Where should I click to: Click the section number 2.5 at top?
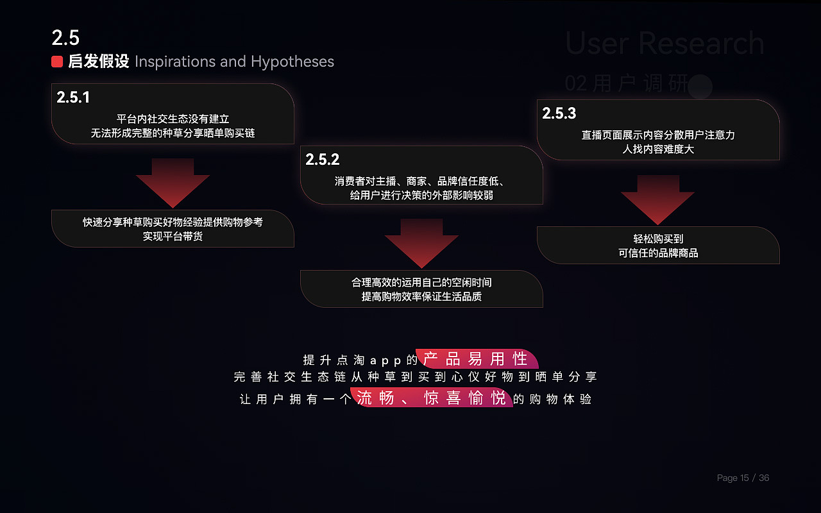65,38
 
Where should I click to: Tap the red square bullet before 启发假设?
57,62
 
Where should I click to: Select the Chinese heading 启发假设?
99,62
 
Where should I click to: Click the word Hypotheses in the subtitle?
292,62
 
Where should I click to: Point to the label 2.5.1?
73,97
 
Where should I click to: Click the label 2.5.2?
322,160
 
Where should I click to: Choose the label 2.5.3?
559,114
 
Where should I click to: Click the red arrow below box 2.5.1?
173,182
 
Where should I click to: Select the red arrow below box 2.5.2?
421,242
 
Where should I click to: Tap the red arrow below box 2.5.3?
657,199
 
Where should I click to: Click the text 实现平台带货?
173,237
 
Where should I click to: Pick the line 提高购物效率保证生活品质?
421,297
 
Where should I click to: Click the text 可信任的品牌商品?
658,253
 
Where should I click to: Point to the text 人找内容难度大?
658,149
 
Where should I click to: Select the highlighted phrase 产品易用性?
476,359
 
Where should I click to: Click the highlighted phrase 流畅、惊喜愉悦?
431,398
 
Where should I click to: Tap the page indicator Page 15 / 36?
743,478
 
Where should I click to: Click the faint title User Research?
664,44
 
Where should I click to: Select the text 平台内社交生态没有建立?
173,119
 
